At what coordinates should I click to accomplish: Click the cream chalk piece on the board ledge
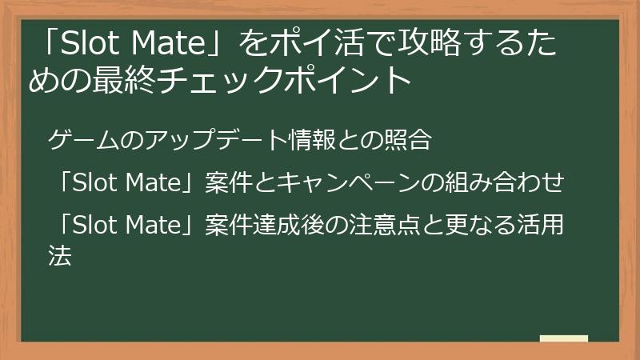click(563, 338)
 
